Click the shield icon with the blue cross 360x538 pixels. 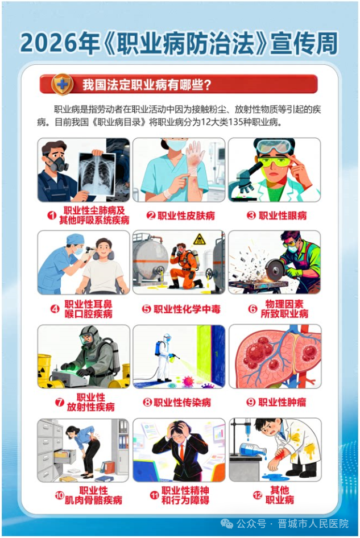click(62, 84)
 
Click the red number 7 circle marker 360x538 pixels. click(60, 402)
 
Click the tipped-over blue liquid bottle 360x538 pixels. click(253, 449)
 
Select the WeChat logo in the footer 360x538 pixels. click(226, 524)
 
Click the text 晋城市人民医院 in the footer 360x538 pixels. click(313, 524)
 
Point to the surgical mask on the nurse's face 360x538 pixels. click(177, 144)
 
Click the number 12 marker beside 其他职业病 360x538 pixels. click(258, 495)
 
